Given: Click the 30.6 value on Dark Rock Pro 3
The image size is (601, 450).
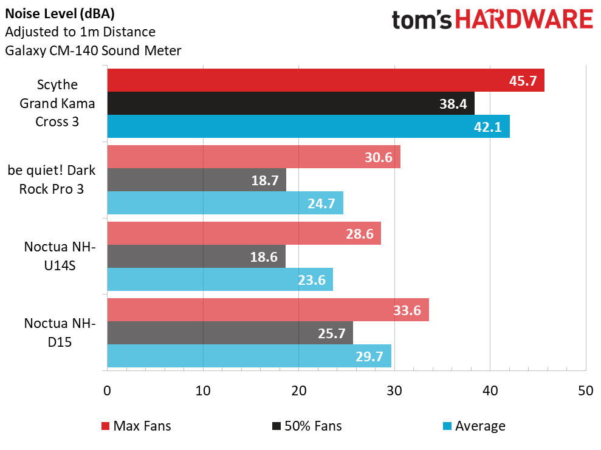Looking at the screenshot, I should coord(378,158).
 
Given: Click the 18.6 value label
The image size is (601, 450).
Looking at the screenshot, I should coord(264,257).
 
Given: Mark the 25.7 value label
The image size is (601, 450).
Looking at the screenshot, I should coord(331,333).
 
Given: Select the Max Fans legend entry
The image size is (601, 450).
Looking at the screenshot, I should coord(136,426).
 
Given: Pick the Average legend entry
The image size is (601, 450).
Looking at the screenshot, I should coord(473,426).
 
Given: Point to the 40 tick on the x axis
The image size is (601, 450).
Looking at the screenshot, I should coord(489,390).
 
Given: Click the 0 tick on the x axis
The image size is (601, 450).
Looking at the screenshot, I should coord(107,390).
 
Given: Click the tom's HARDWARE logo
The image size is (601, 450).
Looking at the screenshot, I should coord(492,20).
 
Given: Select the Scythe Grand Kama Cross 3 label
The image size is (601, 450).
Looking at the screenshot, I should coord(57,103).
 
